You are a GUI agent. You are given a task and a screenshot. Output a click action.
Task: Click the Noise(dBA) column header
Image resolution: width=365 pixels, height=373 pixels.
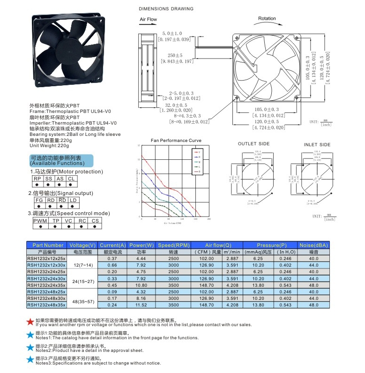[x=313, y=245]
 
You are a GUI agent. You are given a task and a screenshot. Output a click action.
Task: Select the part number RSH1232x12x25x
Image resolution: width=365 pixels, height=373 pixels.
[x=46, y=258]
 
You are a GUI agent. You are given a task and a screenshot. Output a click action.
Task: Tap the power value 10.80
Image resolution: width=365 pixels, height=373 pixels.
[x=141, y=285]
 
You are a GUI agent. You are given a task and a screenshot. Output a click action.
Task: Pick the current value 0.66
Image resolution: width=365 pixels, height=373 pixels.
[x=112, y=265]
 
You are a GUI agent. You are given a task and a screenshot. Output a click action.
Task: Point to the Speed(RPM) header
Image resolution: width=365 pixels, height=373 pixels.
[x=173, y=245]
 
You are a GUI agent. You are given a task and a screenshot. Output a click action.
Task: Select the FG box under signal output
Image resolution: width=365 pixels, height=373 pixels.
[x=39, y=200]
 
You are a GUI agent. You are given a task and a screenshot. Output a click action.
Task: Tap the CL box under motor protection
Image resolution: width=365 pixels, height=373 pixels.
[x=71, y=179]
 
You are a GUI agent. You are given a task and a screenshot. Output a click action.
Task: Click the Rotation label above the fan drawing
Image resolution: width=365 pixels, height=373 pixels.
[x=267, y=19]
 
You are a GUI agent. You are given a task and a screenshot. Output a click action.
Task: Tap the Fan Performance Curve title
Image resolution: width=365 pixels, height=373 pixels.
[x=176, y=141]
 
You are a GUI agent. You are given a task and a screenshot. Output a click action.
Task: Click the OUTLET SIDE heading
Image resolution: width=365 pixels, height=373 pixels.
[x=253, y=144]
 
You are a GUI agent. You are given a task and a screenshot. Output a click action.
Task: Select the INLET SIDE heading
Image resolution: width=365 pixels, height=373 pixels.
[x=317, y=145]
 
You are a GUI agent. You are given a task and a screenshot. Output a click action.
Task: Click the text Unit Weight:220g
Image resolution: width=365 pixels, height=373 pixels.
[x=51, y=146]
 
